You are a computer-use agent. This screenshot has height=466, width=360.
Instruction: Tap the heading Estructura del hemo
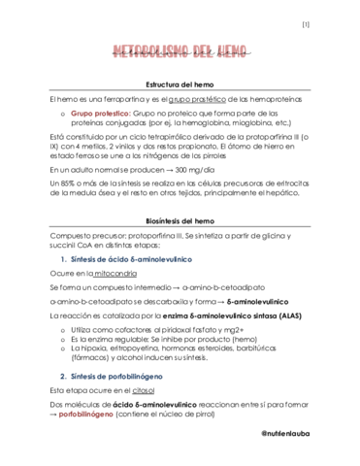point(179,86)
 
